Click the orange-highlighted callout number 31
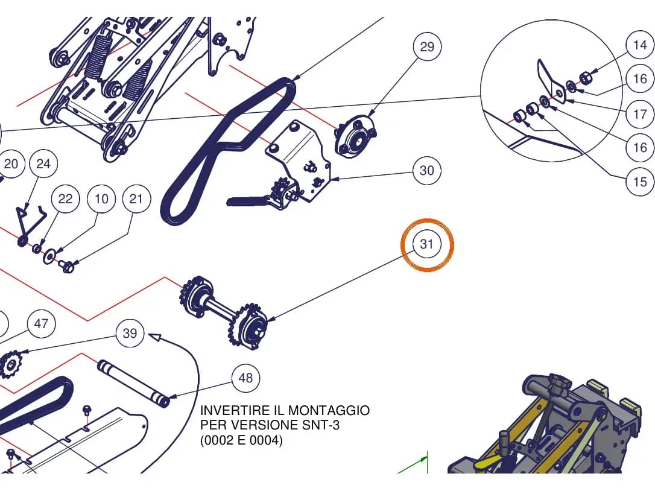tap(426, 244)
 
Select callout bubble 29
tap(427, 47)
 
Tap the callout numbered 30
tap(426, 171)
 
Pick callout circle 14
tap(640, 45)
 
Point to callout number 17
tap(640, 113)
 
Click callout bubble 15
tap(640, 182)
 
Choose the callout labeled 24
tap(43, 164)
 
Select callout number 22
tap(65, 198)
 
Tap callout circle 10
tap(101, 198)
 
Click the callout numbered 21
tap(136, 198)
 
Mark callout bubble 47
tap(41, 323)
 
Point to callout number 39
tap(130, 334)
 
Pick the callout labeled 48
tap(245, 378)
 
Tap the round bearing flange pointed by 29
tap(355, 136)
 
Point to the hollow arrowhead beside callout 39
tap(155, 336)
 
